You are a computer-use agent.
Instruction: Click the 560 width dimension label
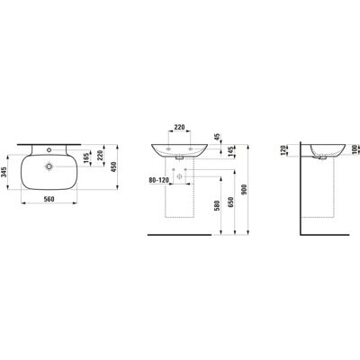pos(49,199)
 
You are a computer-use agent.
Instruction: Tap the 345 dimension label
pos(4,172)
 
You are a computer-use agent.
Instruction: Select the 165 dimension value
pos(87,158)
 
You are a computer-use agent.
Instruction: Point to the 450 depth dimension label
pos(113,167)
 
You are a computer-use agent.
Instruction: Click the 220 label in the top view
pos(100,155)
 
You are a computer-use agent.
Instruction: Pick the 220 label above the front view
pos(179,127)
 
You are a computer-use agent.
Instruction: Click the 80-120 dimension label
pos(159,180)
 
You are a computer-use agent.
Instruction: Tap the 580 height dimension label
pos(218,205)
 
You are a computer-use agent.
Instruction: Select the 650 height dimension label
pos(231,202)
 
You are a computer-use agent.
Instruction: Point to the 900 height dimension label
pos(244,190)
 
